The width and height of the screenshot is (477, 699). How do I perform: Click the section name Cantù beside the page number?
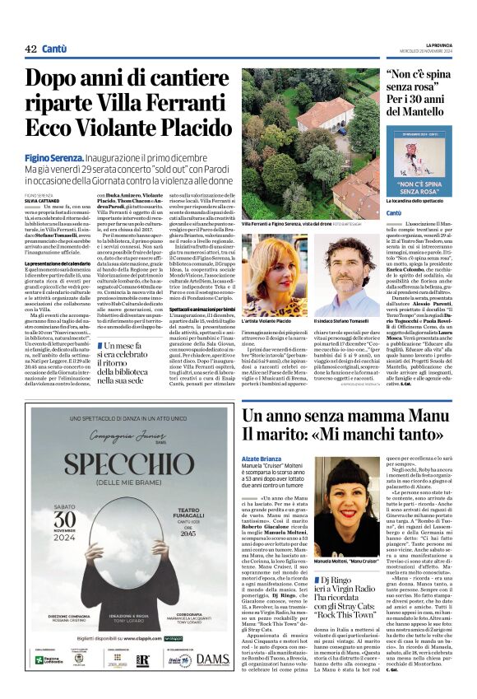point(54,49)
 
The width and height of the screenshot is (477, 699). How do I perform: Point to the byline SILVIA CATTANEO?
point(43,200)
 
